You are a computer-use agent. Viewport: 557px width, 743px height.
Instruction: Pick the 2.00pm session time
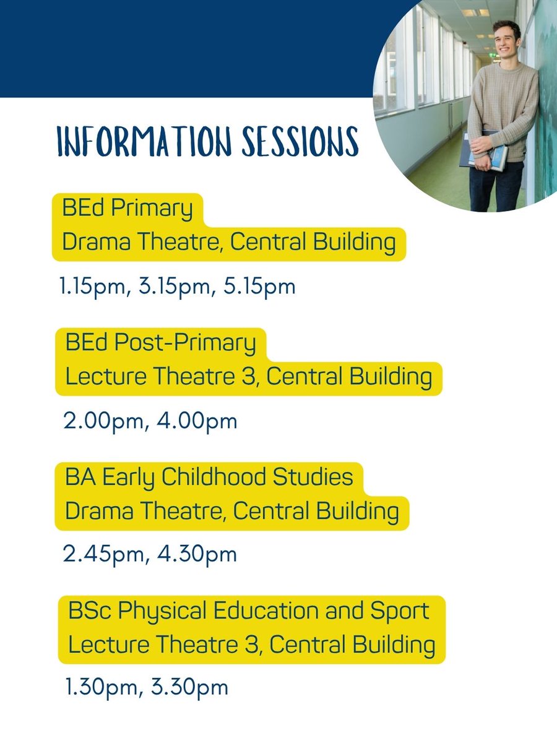(103, 422)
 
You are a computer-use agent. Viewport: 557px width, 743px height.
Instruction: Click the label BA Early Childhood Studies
(209, 477)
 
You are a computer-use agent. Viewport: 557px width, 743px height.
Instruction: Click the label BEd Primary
(127, 209)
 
